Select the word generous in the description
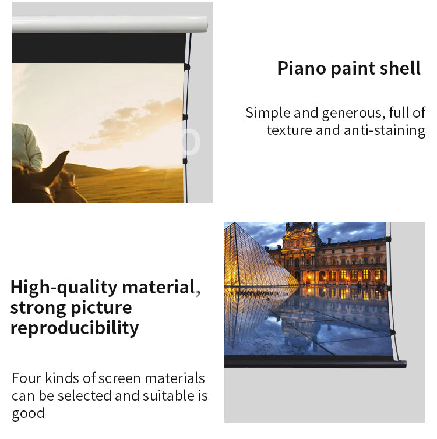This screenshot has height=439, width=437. (352, 114)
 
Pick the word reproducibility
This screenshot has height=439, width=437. (75, 328)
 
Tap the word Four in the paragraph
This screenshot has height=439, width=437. (27, 378)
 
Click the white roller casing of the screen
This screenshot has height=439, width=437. (110, 24)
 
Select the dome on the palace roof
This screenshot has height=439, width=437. (299, 227)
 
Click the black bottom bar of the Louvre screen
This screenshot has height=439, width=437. (315, 362)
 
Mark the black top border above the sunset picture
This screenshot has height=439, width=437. (98, 48)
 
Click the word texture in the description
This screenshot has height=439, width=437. (290, 130)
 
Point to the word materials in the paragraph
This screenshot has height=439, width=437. (175, 378)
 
